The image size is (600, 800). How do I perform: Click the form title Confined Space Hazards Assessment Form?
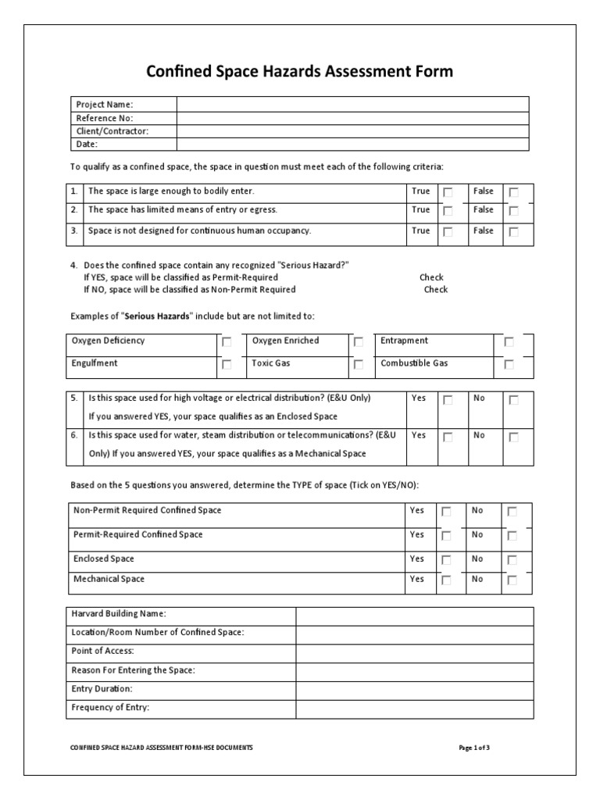click(300, 72)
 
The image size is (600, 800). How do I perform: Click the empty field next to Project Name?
click(352, 105)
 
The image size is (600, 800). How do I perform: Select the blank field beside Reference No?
click(352, 118)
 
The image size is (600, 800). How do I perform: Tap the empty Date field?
click(352, 144)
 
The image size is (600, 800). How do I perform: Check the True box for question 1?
click(448, 192)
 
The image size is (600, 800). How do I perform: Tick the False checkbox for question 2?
click(513, 211)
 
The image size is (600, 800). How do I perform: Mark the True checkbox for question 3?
click(448, 232)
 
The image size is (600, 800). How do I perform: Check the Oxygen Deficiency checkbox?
click(227, 342)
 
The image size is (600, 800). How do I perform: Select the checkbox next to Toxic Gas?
click(358, 365)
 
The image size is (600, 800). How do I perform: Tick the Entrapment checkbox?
click(509, 342)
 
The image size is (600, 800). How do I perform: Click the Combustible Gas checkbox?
click(509, 365)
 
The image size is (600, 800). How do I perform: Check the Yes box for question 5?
click(448, 400)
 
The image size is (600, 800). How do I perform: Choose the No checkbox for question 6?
click(513, 437)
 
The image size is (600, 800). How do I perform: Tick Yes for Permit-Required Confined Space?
click(446, 537)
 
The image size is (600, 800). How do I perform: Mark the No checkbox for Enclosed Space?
click(512, 561)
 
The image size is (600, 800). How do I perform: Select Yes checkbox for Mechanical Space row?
click(446, 580)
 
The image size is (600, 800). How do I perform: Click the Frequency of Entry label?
click(110, 708)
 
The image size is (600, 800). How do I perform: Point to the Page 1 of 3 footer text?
click(474, 748)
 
